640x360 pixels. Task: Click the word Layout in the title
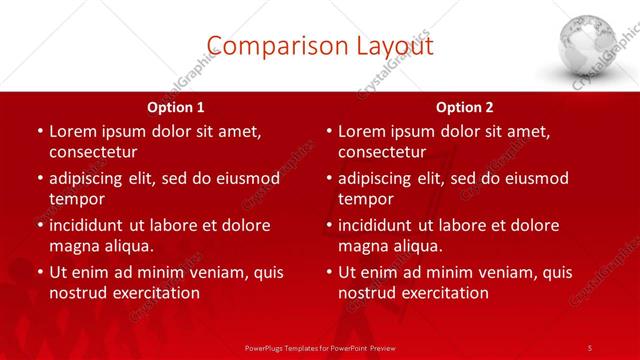[x=385, y=45]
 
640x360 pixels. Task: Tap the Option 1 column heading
[x=176, y=107]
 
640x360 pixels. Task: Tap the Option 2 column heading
[x=465, y=107]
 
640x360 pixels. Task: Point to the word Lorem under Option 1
[x=72, y=131]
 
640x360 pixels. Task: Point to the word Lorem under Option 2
[x=361, y=131]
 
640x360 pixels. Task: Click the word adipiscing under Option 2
[x=381, y=178]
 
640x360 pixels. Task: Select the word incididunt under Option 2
[x=379, y=225]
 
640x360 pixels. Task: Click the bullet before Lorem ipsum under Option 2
[x=328, y=131]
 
